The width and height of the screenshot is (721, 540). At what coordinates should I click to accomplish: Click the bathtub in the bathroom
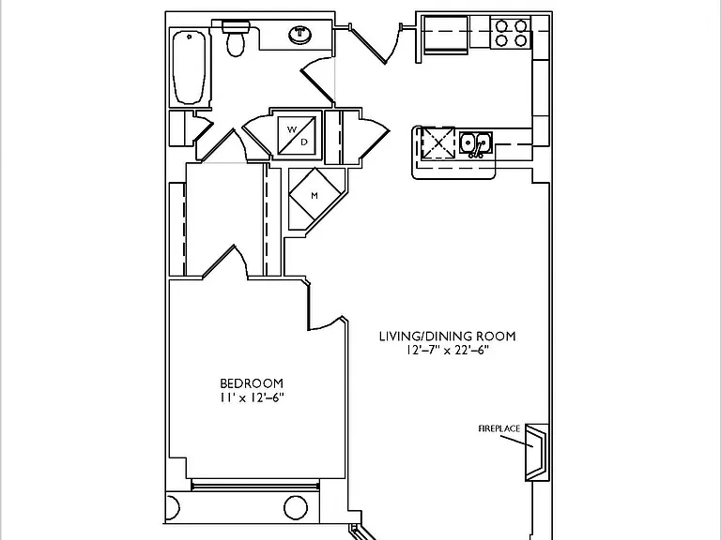pos(189,67)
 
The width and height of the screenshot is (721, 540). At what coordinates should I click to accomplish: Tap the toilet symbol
pos(237,37)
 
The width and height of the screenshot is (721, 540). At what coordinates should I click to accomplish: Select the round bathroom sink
pos(300,35)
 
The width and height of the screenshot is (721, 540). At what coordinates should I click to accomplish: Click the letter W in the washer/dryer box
pos(292,129)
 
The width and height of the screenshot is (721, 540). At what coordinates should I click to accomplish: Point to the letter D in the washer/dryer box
pos(304,142)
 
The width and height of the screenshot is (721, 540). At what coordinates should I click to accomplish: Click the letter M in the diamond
pos(314,196)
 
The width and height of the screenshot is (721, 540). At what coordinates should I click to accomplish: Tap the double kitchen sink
pos(476,143)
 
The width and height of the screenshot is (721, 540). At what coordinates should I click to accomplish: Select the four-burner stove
pos(511,33)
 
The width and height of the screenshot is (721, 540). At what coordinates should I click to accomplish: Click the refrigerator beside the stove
pos(445,35)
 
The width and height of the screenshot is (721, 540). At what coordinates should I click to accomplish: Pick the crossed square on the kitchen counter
pos(438,142)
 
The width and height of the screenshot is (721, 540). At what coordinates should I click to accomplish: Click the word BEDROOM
pos(252,383)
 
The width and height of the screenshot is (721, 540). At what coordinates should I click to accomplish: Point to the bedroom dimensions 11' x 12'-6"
pos(252,397)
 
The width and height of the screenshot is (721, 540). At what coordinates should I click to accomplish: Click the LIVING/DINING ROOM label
pos(448,337)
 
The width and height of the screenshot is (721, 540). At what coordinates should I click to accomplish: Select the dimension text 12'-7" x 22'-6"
pos(447,351)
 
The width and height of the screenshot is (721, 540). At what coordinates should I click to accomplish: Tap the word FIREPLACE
pos(499,428)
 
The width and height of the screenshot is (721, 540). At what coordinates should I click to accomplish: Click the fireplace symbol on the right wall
pos(537,453)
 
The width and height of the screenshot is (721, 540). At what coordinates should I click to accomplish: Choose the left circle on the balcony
pos(172,508)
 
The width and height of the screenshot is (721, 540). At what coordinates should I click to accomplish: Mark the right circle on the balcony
pos(296,507)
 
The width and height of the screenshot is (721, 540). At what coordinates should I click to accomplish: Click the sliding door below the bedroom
pos(254,486)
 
